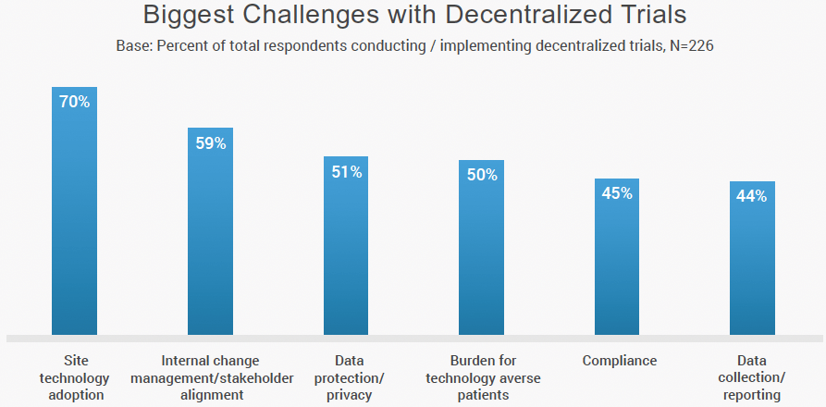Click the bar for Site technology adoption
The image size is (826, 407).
pyautogui.click(x=74, y=222)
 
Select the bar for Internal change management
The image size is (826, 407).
pyautogui.click(x=210, y=240)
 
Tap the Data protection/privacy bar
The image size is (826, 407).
pyautogui.click(x=346, y=254)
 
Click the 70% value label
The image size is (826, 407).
pyautogui.click(x=75, y=102)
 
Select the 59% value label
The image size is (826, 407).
pyautogui.click(x=211, y=143)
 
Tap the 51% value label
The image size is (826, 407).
pyautogui.click(x=347, y=172)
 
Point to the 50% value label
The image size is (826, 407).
pyautogui.click(x=482, y=175)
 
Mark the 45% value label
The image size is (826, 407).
pyautogui.click(x=618, y=193)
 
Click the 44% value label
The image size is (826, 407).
pyautogui.click(x=752, y=196)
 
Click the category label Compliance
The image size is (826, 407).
pyautogui.click(x=619, y=361)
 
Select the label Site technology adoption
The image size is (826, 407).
pyautogui.click(x=77, y=377)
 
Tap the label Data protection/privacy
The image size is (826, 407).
pyautogui.click(x=349, y=377)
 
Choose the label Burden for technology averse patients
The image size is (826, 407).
pyautogui.click(x=483, y=377)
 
